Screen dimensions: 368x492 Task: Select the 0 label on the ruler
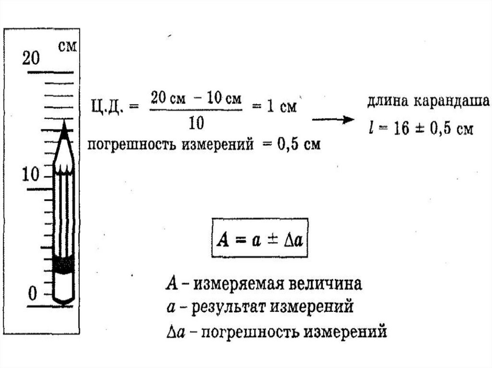32,292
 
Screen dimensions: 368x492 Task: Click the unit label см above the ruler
67,47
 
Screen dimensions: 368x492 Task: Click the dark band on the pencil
63,264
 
